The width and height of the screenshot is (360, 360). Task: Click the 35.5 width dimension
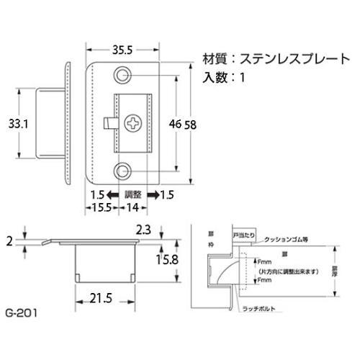point(122,51)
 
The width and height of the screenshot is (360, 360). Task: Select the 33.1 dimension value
point(19,124)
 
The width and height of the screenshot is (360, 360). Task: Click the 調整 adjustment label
point(133,194)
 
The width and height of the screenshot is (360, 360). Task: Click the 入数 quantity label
point(217,76)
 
